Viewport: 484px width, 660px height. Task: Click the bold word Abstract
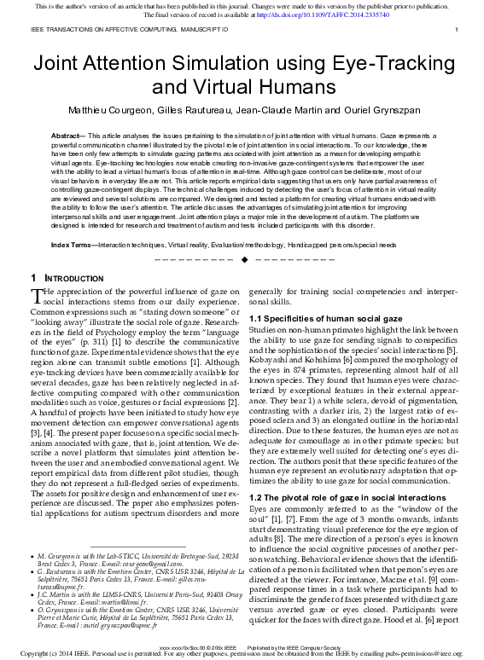(67, 136)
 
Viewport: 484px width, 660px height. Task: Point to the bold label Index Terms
(73, 245)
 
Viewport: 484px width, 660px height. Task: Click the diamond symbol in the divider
(245, 258)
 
